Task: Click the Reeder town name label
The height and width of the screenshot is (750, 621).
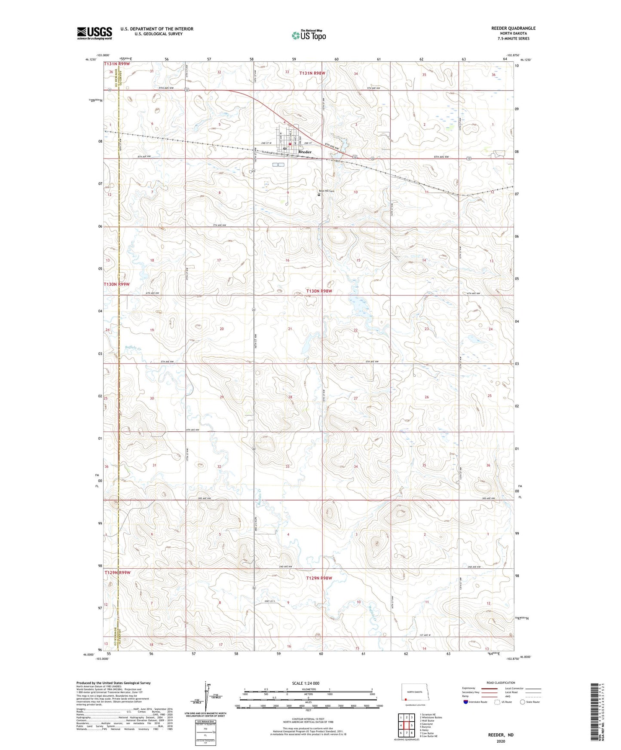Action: point(305,152)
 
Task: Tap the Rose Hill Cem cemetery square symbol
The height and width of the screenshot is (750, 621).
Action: point(319,195)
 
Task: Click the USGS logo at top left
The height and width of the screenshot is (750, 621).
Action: point(94,33)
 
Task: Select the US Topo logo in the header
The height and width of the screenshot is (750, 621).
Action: point(309,35)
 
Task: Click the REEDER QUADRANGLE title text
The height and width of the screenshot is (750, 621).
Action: point(513,28)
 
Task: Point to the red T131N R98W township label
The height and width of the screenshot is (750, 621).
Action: point(312,73)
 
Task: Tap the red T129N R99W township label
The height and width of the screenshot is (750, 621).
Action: point(117,573)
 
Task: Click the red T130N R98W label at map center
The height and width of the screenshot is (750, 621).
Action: point(320,291)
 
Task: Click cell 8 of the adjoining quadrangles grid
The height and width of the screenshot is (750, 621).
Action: point(412,733)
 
